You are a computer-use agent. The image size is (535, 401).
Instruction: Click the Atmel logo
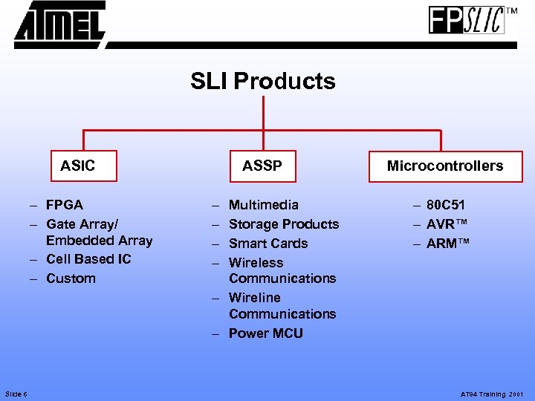click(59, 25)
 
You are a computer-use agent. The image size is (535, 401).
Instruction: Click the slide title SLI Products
click(262, 81)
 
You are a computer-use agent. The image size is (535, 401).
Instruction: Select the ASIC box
click(77, 166)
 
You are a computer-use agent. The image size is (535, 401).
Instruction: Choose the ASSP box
click(262, 166)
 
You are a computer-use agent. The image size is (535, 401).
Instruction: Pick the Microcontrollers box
click(444, 166)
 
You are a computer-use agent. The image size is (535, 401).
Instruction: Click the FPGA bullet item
click(64, 205)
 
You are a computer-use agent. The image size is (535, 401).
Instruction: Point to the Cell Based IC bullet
click(88, 259)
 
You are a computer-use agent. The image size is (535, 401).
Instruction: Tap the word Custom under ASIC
click(71, 278)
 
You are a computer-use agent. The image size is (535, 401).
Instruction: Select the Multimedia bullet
click(263, 205)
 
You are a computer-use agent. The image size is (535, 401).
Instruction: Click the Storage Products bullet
click(283, 224)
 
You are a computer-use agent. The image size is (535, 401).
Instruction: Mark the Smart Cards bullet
click(267, 244)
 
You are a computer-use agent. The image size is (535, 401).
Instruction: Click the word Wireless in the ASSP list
click(256, 263)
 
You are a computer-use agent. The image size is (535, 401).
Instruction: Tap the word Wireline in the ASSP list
click(254, 298)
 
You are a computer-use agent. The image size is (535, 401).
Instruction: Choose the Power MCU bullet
click(265, 333)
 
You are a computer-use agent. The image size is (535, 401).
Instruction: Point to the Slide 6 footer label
click(16, 394)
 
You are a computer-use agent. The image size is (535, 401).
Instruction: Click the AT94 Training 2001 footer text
click(492, 394)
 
